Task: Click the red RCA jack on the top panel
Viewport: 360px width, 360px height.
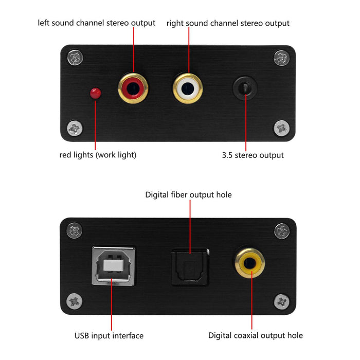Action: coord(134,88)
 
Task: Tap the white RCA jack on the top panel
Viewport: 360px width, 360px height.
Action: coord(187,88)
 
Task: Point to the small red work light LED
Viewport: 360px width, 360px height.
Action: coord(95,93)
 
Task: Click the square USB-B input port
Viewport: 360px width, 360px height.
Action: coord(114,265)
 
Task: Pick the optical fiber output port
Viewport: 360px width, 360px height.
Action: coord(190,265)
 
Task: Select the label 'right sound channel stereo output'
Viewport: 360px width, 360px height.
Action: coord(228,23)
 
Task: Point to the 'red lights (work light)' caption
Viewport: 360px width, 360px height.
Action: coord(98,155)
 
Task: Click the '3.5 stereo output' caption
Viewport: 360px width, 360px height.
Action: coord(253,155)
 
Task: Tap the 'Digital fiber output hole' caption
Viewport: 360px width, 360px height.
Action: coord(188,195)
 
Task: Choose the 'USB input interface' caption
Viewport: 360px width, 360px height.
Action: coord(109,336)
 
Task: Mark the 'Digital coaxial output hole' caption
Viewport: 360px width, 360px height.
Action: coord(255,336)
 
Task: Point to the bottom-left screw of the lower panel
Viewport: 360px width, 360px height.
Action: coord(75,300)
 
